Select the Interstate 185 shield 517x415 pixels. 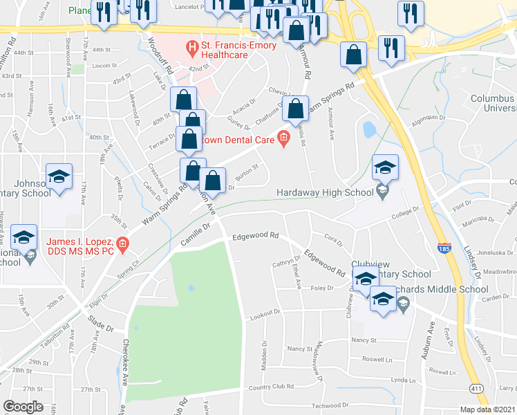444,247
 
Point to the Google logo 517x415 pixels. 23,407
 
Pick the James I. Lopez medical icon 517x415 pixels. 122,243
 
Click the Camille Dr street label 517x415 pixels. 196,234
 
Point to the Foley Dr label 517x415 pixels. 322,288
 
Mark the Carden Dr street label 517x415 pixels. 495,298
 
